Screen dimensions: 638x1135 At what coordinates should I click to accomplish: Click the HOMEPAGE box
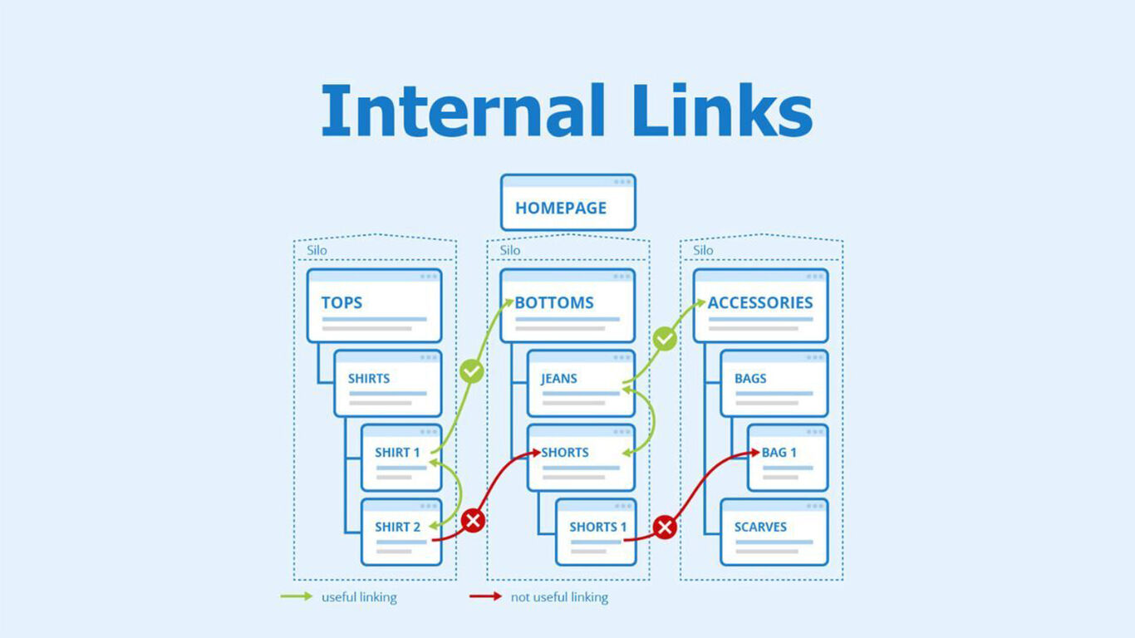[x=567, y=203]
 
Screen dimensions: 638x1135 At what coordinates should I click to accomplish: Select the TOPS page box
[x=374, y=306]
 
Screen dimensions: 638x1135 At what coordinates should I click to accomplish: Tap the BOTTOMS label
[x=554, y=303]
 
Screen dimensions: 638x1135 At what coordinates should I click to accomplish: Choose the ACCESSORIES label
[x=760, y=303]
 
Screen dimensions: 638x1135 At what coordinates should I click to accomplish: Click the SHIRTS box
[x=387, y=383]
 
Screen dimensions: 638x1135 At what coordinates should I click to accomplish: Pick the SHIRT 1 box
[x=400, y=458]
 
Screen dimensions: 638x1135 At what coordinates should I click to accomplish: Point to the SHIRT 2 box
[x=400, y=532]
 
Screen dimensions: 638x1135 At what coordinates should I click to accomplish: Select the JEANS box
[x=580, y=383]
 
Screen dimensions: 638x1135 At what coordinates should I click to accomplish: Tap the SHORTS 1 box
[x=596, y=532]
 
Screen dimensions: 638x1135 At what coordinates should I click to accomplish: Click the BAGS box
[x=774, y=383]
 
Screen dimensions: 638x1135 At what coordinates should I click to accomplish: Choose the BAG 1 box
[x=787, y=458]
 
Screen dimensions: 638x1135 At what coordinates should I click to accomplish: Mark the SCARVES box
[x=774, y=532]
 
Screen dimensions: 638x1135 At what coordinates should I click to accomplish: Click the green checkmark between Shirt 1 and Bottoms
[x=472, y=371]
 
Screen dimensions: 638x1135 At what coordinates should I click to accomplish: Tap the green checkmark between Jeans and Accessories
[x=664, y=339]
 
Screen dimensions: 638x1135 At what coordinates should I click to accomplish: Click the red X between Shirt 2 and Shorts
[x=473, y=521]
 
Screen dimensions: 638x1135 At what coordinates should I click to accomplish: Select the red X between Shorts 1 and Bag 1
[x=665, y=527]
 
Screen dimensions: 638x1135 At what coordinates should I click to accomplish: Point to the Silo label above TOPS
[x=317, y=250]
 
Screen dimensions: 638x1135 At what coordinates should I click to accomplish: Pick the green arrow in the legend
[x=297, y=596]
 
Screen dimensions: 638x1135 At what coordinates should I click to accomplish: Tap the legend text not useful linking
[x=559, y=597]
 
